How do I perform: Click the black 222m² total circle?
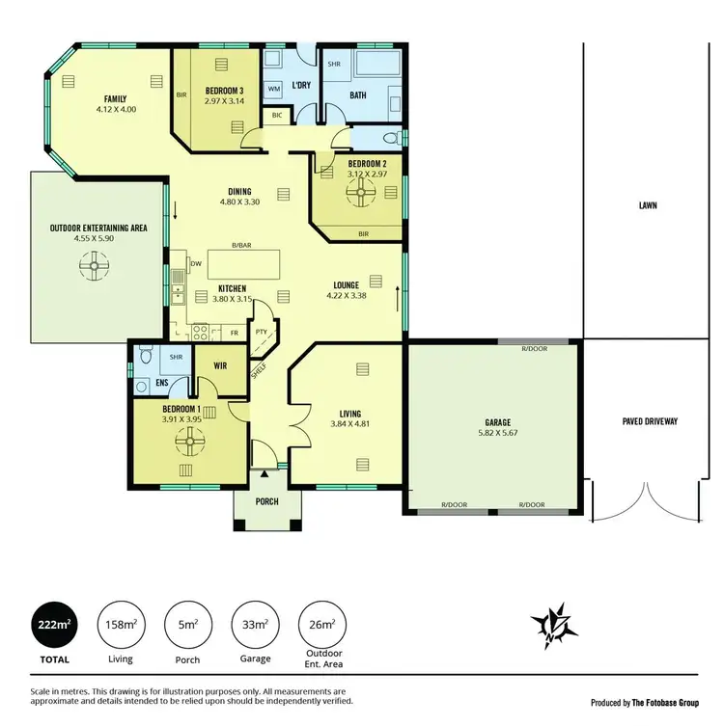[55, 624]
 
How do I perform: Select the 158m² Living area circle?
[121, 624]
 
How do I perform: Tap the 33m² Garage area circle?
[255, 624]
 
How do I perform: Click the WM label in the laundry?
[273, 89]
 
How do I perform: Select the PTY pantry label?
[261, 332]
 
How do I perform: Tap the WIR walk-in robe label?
[219, 365]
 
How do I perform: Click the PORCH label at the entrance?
[266, 501]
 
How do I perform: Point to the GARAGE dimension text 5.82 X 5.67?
[498, 434]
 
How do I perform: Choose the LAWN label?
[648, 205]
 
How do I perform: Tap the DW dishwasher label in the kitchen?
[196, 262]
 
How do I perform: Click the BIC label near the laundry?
[277, 116]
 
